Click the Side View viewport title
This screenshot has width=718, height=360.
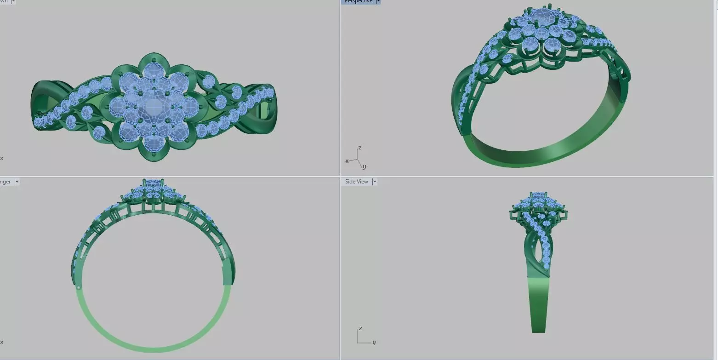(x=356, y=182)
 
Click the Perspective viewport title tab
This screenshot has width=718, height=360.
(x=358, y=1)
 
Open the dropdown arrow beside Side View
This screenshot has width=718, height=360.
(x=374, y=182)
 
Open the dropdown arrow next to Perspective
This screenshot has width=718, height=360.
(x=378, y=1)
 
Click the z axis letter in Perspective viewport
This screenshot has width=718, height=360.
(x=359, y=148)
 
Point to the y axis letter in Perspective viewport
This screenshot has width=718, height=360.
(x=364, y=166)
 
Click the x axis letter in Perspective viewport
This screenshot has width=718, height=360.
(x=347, y=161)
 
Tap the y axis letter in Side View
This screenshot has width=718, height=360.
(x=374, y=342)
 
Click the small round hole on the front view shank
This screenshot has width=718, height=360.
(x=79, y=288)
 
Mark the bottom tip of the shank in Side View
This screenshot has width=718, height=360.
(x=538, y=331)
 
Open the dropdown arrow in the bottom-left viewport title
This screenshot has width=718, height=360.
(x=17, y=182)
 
